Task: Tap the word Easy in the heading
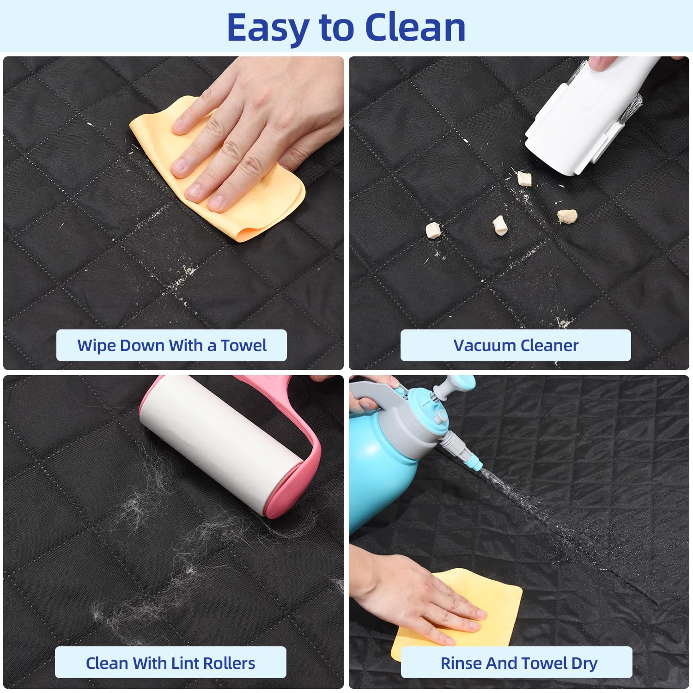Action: (267, 29)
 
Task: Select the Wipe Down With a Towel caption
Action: (171, 346)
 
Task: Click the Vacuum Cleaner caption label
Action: (516, 346)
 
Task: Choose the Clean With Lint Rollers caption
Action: (170, 663)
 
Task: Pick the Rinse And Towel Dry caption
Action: (518, 663)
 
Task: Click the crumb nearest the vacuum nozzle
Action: (524, 178)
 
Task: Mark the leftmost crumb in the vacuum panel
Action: (433, 230)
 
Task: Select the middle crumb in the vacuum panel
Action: (499, 225)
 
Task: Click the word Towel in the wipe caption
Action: (243, 346)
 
